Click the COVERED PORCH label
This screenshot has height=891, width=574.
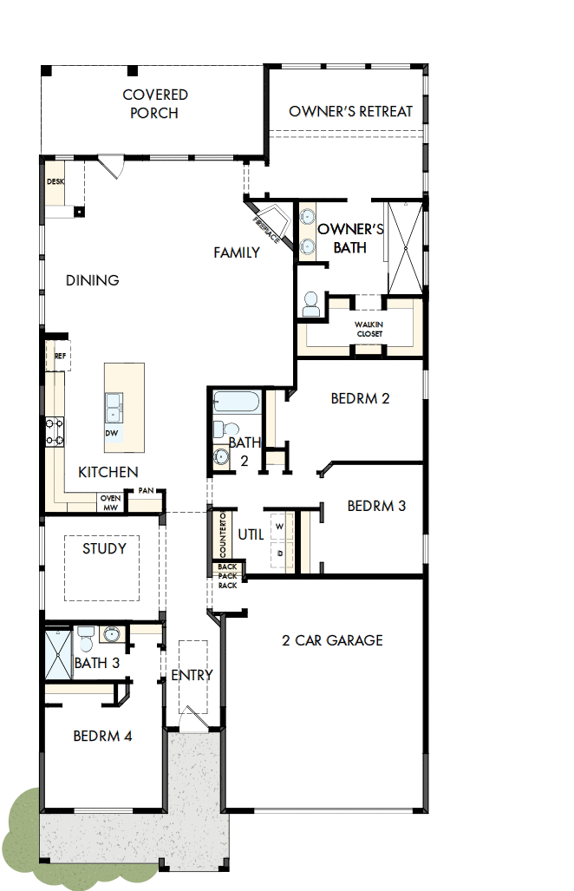[x=155, y=103]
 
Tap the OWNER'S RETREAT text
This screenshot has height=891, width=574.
[x=350, y=111]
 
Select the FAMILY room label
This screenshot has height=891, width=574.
[x=237, y=252]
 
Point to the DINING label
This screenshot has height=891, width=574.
[x=93, y=280]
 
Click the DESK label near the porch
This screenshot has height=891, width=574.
[x=55, y=181]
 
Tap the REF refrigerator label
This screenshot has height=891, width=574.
[x=60, y=356]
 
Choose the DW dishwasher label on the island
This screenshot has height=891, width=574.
[x=112, y=432]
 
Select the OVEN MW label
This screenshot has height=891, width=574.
[x=110, y=502]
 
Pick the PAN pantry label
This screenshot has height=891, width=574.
[x=145, y=491]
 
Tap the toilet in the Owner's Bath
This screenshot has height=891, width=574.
[x=310, y=304]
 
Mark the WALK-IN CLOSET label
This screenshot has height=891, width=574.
[x=369, y=329]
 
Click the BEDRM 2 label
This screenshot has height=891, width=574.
[x=360, y=398]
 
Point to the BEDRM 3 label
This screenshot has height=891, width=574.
[x=376, y=505]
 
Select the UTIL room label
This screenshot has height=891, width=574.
[x=251, y=534]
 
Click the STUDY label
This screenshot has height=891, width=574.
[x=104, y=548]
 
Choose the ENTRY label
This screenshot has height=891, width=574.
[x=192, y=675]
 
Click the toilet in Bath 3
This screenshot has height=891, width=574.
[x=85, y=642]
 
